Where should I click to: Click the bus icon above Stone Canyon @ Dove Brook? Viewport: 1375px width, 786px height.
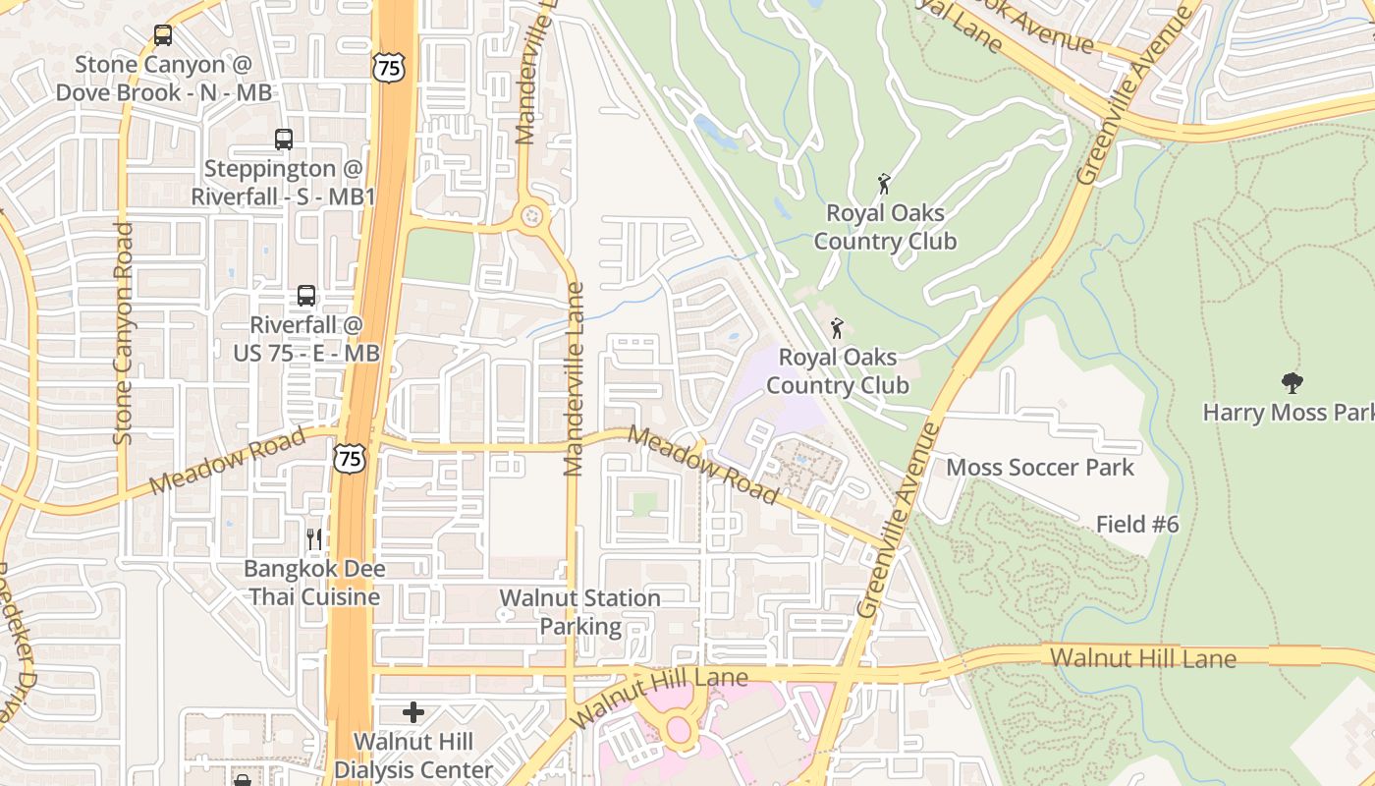coord(163,35)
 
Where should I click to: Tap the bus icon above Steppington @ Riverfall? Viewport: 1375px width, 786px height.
coord(284,140)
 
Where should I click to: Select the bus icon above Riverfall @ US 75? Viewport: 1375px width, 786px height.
coord(306,295)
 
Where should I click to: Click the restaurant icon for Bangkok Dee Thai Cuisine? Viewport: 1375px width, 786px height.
coord(314,538)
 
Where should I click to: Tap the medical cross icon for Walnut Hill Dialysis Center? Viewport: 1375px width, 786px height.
coord(413,711)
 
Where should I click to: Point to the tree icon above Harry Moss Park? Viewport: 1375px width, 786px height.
coord(1292,383)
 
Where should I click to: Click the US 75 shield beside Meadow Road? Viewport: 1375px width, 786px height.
coord(349,457)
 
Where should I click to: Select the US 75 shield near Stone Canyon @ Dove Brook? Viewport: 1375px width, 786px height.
coord(387,67)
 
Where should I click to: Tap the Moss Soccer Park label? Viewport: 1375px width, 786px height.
coord(1040,468)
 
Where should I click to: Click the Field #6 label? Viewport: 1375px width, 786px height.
coord(1137,525)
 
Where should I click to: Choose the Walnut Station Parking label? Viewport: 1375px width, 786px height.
coord(579,612)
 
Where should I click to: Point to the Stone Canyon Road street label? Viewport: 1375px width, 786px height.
coord(123,334)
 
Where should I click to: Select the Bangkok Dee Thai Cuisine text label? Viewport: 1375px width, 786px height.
coord(313,583)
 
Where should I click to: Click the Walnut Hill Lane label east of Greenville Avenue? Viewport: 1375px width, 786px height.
coord(1143,657)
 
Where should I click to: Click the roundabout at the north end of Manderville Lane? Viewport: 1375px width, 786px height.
coord(532,215)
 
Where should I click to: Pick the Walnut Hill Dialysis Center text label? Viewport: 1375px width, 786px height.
coord(413,756)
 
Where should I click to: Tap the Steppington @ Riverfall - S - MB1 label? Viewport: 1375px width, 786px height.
coord(284,183)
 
